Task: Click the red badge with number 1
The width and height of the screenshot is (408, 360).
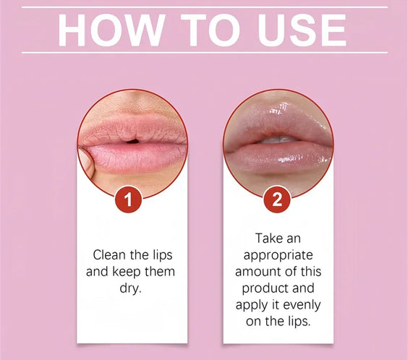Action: point(129,200)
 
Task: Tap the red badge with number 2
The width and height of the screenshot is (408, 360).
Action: point(276,200)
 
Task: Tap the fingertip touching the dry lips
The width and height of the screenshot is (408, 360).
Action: point(87,160)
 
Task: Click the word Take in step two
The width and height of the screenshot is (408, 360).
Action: point(268,238)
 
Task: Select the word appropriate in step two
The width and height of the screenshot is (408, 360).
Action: point(278,254)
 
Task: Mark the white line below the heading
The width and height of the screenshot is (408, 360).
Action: point(204,53)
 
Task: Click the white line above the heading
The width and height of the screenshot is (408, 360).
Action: point(204,7)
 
